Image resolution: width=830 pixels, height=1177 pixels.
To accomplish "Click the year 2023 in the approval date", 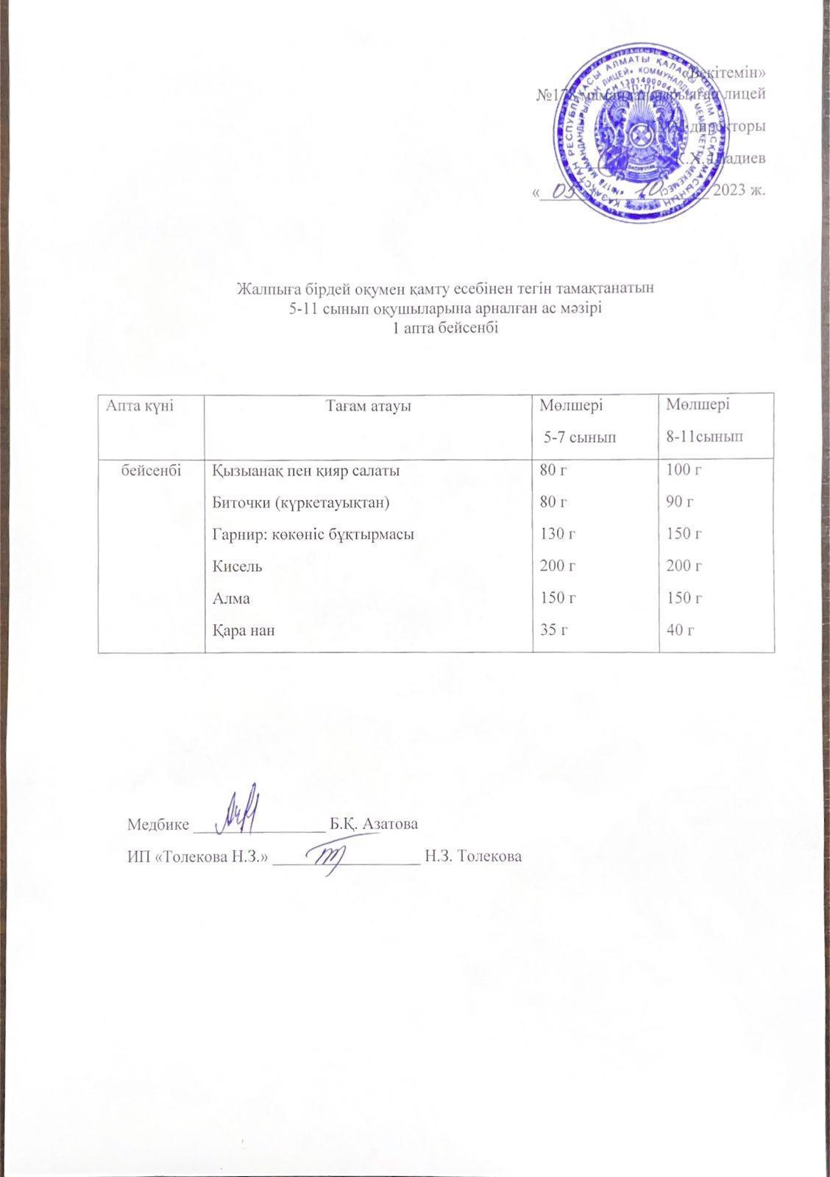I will click(x=739, y=191).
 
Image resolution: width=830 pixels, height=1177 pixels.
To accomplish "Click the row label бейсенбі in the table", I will click(x=152, y=471).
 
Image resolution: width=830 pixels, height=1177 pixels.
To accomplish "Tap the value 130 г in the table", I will click(x=557, y=535).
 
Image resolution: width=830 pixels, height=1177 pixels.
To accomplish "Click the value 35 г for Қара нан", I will click(x=553, y=630).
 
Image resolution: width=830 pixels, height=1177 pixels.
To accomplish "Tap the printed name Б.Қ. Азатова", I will click(x=374, y=823).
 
